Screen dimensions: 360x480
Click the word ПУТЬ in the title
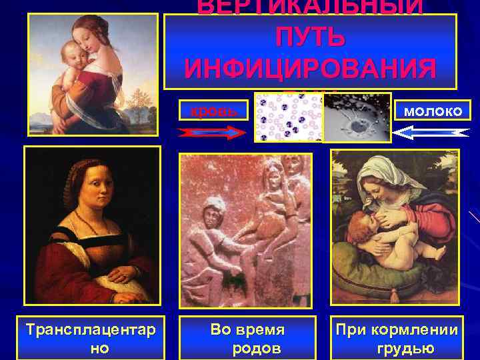pos(309,37)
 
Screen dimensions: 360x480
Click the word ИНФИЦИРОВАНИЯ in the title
pos(309,68)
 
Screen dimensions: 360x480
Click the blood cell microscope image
pos(287,117)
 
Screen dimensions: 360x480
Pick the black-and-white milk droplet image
pos(356,117)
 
